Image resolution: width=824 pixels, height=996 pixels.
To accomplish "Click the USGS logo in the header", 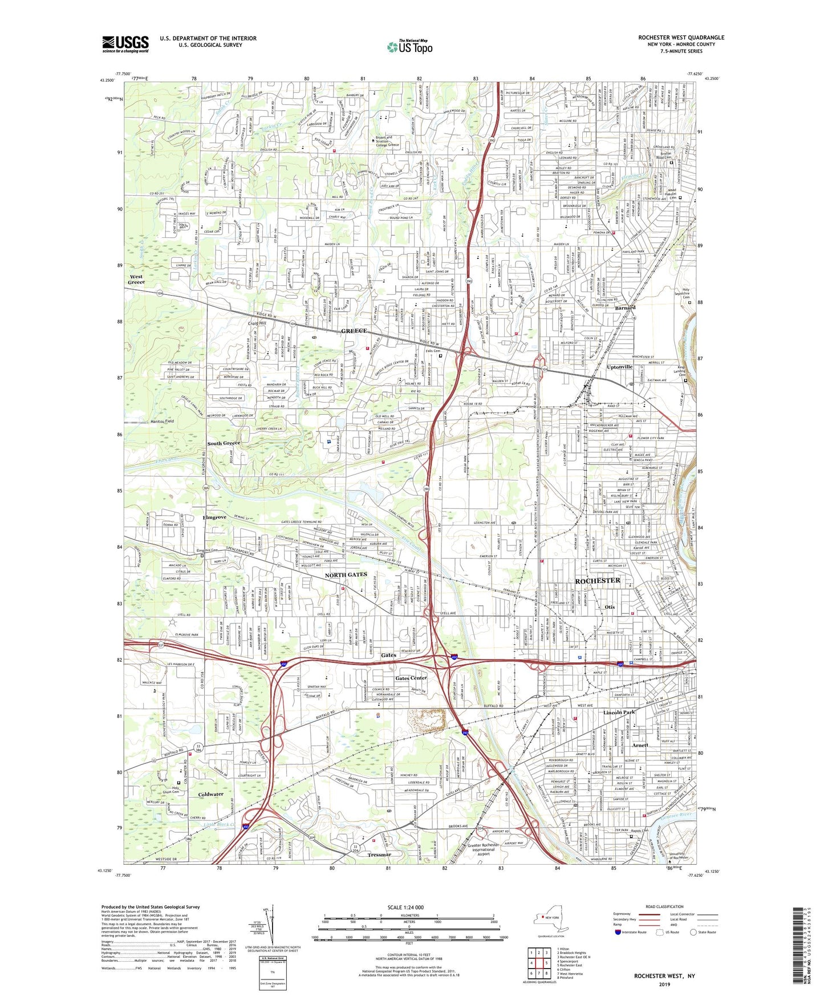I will point(125,44).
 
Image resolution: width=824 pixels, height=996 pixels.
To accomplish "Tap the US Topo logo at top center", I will point(409,47).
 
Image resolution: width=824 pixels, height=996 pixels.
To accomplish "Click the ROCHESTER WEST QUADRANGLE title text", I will point(681,38).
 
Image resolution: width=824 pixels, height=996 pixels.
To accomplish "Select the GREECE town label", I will point(354,331).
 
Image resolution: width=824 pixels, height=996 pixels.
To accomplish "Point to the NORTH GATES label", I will point(346,574).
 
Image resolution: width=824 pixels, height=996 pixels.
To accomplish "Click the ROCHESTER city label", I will point(597,581).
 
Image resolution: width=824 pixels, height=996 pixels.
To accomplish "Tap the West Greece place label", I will point(136,280).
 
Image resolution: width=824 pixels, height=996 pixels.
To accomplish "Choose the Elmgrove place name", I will point(214,517).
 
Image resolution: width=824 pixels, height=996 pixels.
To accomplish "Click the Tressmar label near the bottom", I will point(379,855).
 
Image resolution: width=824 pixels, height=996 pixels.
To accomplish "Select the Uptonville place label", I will point(620,367).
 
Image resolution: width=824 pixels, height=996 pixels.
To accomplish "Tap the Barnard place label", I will point(626,307).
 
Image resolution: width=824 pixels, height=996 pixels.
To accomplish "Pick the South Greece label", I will point(224,443).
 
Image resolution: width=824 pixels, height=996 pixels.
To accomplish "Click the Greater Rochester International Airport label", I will point(483,849).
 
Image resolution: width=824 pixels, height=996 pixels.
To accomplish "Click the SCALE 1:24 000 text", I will point(405,908).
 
